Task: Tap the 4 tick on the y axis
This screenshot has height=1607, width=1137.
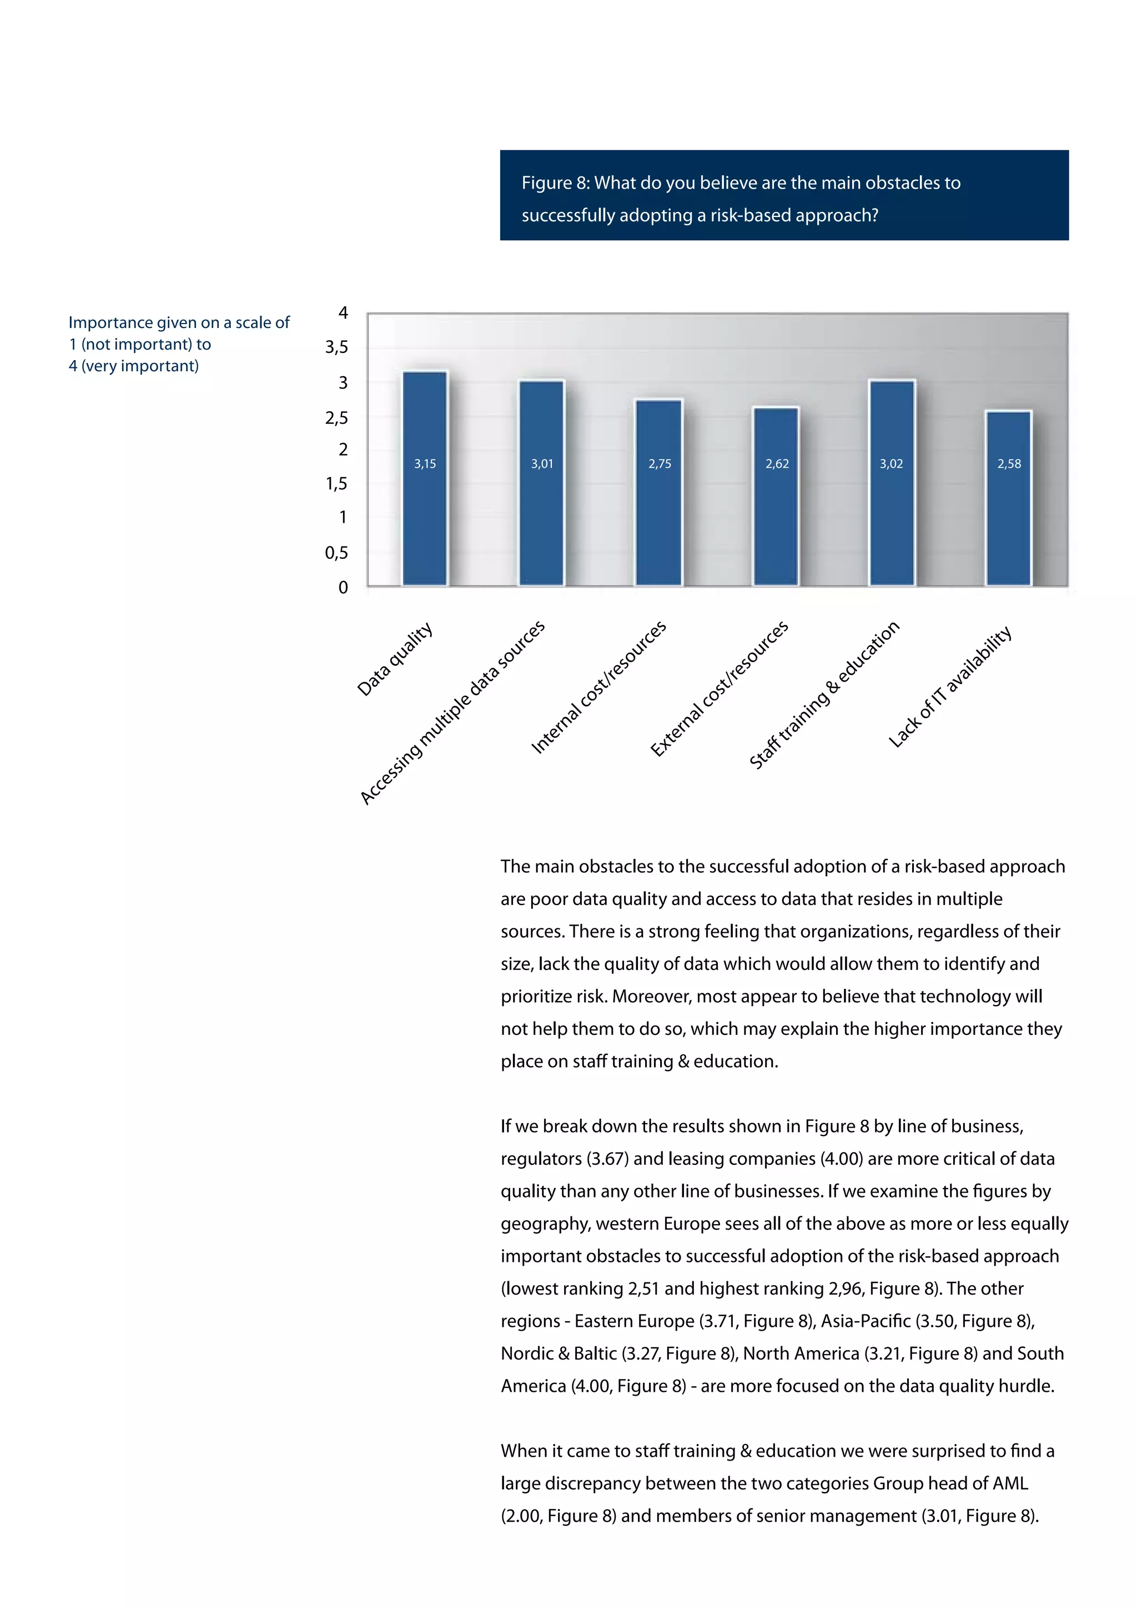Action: click(343, 313)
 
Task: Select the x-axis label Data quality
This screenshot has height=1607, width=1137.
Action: click(395, 659)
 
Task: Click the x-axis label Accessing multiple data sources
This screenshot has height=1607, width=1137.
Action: click(452, 712)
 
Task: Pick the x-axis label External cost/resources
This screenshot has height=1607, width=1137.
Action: click(719, 689)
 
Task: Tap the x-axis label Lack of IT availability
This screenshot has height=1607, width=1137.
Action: click(950, 686)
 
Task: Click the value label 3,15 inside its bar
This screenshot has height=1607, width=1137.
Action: click(425, 464)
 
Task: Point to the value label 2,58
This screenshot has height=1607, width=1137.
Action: click(1009, 464)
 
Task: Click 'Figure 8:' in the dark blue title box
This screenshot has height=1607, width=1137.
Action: click(555, 183)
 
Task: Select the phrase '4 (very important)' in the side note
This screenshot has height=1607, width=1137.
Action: click(134, 366)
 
